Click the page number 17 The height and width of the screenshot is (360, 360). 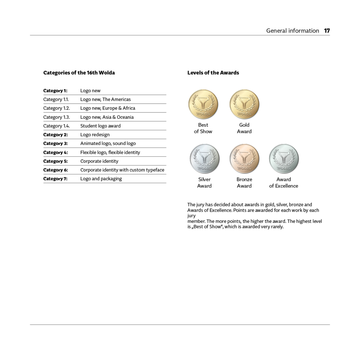pos(327,31)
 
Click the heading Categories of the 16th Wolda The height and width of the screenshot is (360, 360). pos(79,73)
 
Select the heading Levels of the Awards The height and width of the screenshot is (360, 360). pos(213,73)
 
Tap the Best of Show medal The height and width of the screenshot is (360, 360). pos(203,104)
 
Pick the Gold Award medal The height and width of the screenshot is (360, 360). pos(244,104)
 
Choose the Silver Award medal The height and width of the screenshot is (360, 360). pos(204,159)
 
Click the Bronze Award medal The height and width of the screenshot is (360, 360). pos(244,159)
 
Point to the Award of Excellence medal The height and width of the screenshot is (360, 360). pos(284,159)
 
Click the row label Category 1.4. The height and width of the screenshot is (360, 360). pos(57,126)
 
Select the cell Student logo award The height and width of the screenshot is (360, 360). pos(100,126)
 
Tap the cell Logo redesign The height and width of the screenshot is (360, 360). pos(95,135)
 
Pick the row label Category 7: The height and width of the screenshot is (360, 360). pos(55,179)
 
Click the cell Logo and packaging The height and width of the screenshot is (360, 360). pos(101,179)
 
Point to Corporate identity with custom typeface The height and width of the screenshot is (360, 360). pos(122,170)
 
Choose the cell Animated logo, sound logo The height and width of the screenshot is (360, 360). pos(108,143)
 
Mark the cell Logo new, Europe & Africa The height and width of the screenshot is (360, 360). pos(108,108)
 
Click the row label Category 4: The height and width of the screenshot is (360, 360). pos(56,152)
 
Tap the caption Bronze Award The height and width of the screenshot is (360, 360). pos(244,182)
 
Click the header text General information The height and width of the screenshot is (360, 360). pos(293,31)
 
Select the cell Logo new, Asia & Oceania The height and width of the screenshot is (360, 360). pos(107,117)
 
